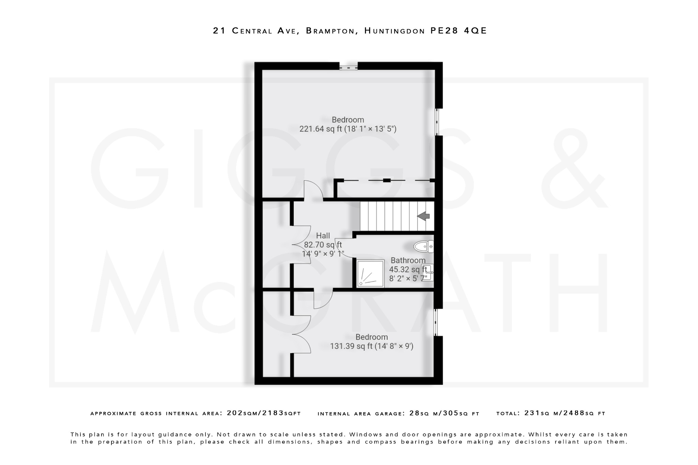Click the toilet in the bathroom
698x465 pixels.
coord(424,246)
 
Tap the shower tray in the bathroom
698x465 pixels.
coord(370,273)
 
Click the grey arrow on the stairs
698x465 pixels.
coord(423,216)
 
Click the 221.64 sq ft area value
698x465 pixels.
coord(320,129)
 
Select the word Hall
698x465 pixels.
coord(323,236)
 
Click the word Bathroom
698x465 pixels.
coord(408,261)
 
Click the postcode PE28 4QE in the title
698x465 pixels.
coord(458,31)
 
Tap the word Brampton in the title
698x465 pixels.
coord(330,31)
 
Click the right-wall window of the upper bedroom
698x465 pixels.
coord(437,122)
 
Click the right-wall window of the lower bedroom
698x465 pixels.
coord(436,322)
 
